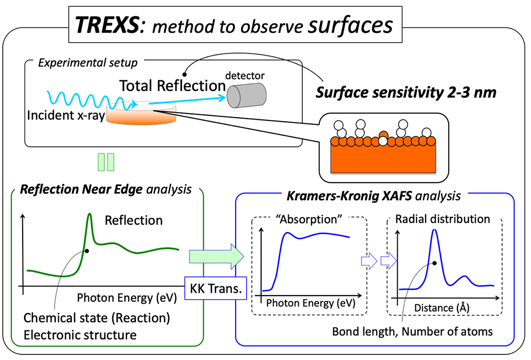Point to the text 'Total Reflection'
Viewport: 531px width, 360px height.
172,86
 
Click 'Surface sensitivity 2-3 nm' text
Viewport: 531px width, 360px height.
406,93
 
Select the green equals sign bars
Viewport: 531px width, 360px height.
106,163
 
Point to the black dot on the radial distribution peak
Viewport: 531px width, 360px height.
435,263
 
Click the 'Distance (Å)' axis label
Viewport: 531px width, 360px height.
437,307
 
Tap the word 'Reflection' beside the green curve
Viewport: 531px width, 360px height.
134,220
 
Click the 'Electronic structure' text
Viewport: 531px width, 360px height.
80,335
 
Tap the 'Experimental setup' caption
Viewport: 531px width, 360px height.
88,63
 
